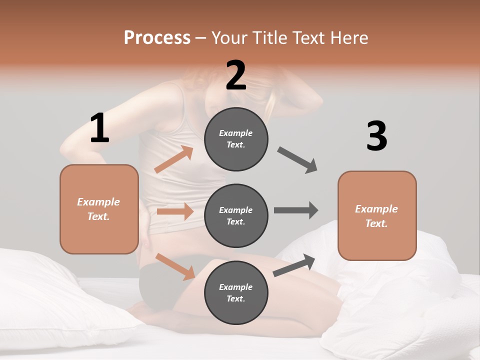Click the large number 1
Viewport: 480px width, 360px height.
[x=99, y=128]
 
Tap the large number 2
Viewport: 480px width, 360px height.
[x=236, y=75]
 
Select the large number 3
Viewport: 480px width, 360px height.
[x=376, y=136]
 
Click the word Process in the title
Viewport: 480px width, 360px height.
[x=157, y=37]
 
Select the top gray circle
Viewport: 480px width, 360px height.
[x=236, y=139]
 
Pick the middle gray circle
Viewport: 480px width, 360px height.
[x=236, y=215]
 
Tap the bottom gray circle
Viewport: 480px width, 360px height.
[x=236, y=292]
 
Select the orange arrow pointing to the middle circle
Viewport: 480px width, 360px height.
[x=175, y=211]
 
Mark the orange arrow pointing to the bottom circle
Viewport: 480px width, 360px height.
[x=175, y=266]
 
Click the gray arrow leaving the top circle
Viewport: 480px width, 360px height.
[x=297, y=160]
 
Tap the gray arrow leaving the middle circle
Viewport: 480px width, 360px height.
[x=296, y=210]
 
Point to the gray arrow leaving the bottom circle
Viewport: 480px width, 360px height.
[x=294, y=265]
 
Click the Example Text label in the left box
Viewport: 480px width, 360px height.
[x=98, y=209]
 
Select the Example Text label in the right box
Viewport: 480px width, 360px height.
[x=376, y=216]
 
